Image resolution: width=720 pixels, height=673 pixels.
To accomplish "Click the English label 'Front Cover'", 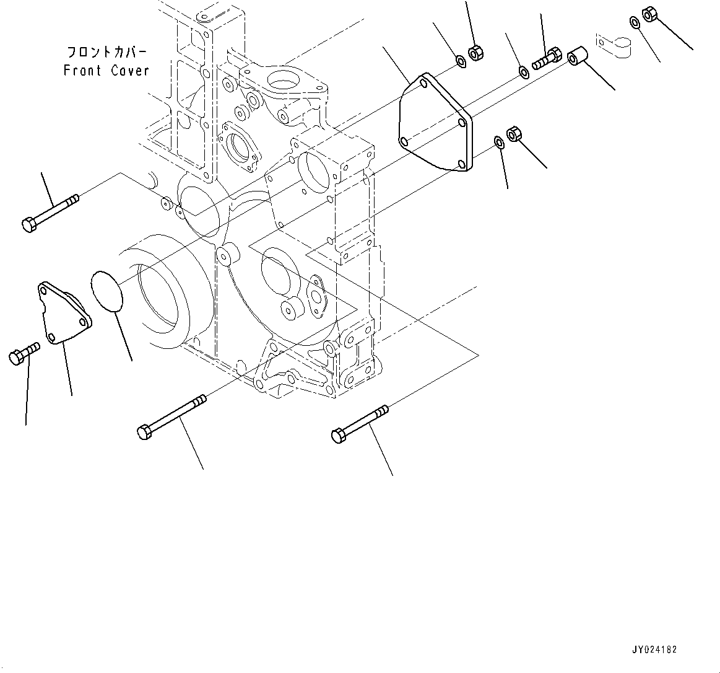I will coord(106,71).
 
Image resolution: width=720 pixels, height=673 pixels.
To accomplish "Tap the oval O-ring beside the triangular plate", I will coord(106,289).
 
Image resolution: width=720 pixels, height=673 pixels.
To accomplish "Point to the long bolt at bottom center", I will coord(170,417).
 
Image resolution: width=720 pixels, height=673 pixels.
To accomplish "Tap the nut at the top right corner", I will coord(649,13).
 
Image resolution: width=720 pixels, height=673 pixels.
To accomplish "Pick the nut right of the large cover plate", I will coord(514,133).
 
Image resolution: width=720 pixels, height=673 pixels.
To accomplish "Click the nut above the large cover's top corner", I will coord(475,53).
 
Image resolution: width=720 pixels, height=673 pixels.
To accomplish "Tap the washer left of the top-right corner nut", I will coord(635,22).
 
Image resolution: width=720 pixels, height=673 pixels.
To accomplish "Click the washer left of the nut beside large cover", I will coord(499,143).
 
